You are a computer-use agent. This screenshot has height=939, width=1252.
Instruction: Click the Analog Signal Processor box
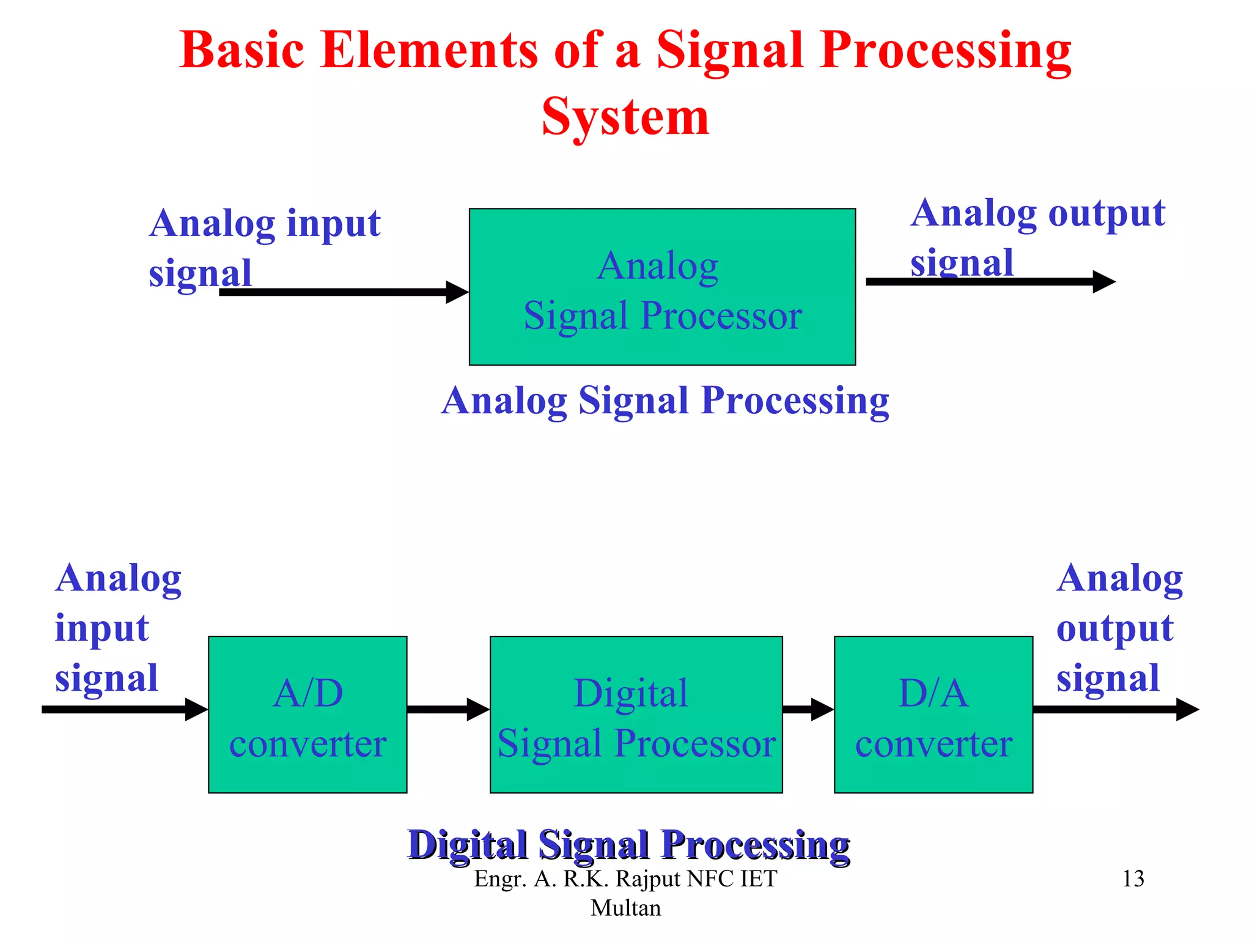click(x=662, y=287)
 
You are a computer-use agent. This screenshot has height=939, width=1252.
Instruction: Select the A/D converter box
click(x=307, y=715)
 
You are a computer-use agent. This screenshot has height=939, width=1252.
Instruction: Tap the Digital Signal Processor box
click(x=636, y=715)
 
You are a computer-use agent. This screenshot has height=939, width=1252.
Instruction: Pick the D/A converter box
click(x=933, y=715)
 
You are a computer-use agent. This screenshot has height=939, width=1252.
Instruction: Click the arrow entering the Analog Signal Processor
click(x=342, y=292)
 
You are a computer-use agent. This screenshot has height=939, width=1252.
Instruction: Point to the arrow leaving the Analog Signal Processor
click(x=990, y=282)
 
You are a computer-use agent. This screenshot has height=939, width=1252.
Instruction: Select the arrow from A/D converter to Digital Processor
click(x=447, y=710)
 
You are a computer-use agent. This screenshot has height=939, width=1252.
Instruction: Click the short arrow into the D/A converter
click(x=808, y=710)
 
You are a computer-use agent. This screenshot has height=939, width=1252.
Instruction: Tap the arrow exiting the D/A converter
click(x=1115, y=710)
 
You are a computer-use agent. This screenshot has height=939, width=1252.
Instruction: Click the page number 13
click(x=1133, y=879)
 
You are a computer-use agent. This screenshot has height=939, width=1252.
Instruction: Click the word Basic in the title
click(x=242, y=50)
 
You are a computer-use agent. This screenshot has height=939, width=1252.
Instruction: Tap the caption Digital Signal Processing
click(x=628, y=845)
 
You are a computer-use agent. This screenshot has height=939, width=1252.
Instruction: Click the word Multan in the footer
click(x=625, y=908)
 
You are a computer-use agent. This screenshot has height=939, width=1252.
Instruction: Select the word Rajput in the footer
click(x=648, y=879)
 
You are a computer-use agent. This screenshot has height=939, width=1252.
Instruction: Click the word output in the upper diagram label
click(x=1107, y=214)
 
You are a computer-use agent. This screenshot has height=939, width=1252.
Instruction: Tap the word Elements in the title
click(x=429, y=50)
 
